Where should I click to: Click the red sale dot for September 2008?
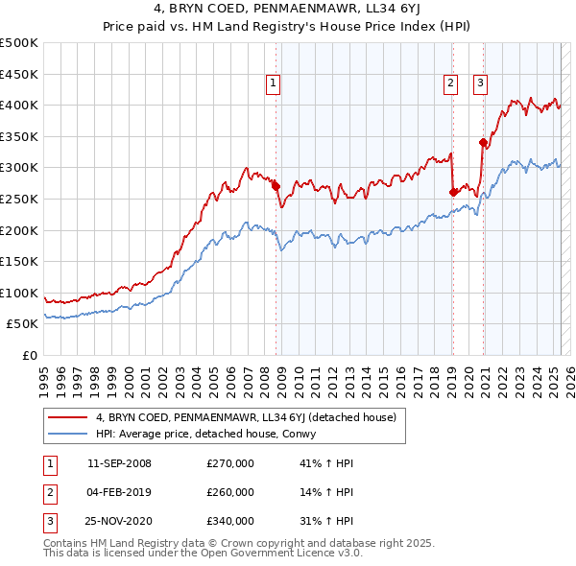[276, 186]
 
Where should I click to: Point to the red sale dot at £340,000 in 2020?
[483, 143]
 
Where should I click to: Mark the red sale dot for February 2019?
[452, 192]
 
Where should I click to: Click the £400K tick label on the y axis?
[19, 105]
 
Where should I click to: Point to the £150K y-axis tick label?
[19, 261]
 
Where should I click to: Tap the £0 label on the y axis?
[29, 355]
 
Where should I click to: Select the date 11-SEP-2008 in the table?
[119, 463]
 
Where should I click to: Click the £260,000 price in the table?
[230, 492]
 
